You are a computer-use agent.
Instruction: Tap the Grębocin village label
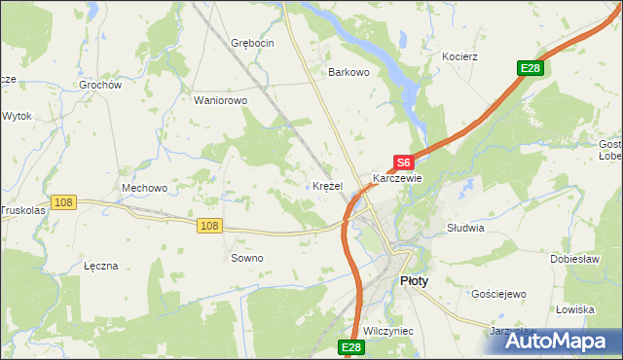pyautogui.click(x=253, y=43)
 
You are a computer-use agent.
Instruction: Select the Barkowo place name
pyautogui.click(x=349, y=72)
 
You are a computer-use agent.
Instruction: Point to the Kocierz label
pyautogui.click(x=459, y=56)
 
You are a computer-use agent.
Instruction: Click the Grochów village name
pyautogui.click(x=100, y=85)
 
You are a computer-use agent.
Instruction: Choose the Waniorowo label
pyautogui.click(x=221, y=100)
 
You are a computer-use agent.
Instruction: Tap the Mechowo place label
pyautogui.click(x=145, y=188)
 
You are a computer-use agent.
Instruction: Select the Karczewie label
pyautogui.click(x=397, y=179)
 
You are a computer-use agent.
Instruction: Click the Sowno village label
pyautogui.click(x=246, y=258)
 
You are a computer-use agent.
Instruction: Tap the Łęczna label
pyautogui.click(x=101, y=265)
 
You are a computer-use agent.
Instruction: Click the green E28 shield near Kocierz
pyautogui.click(x=530, y=68)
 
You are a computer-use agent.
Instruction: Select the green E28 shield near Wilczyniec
pyautogui.click(x=351, y=347)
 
